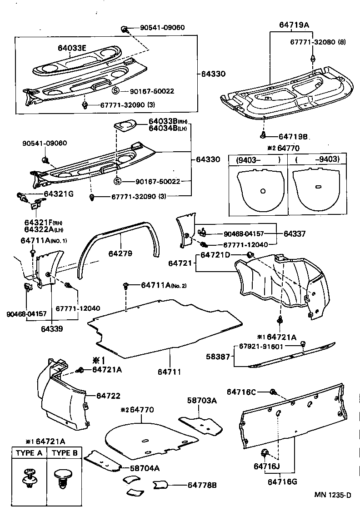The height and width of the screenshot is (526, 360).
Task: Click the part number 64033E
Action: coord(72,48)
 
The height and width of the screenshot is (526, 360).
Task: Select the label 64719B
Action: coord(294,136)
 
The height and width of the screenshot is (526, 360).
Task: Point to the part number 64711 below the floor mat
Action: coord(170,372)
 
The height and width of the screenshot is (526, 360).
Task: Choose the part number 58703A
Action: coord(202,400)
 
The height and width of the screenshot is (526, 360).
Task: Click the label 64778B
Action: coord(202,485)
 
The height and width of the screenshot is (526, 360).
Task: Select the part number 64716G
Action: coord(282,481)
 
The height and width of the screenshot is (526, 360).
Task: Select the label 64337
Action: coord(294,233)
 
